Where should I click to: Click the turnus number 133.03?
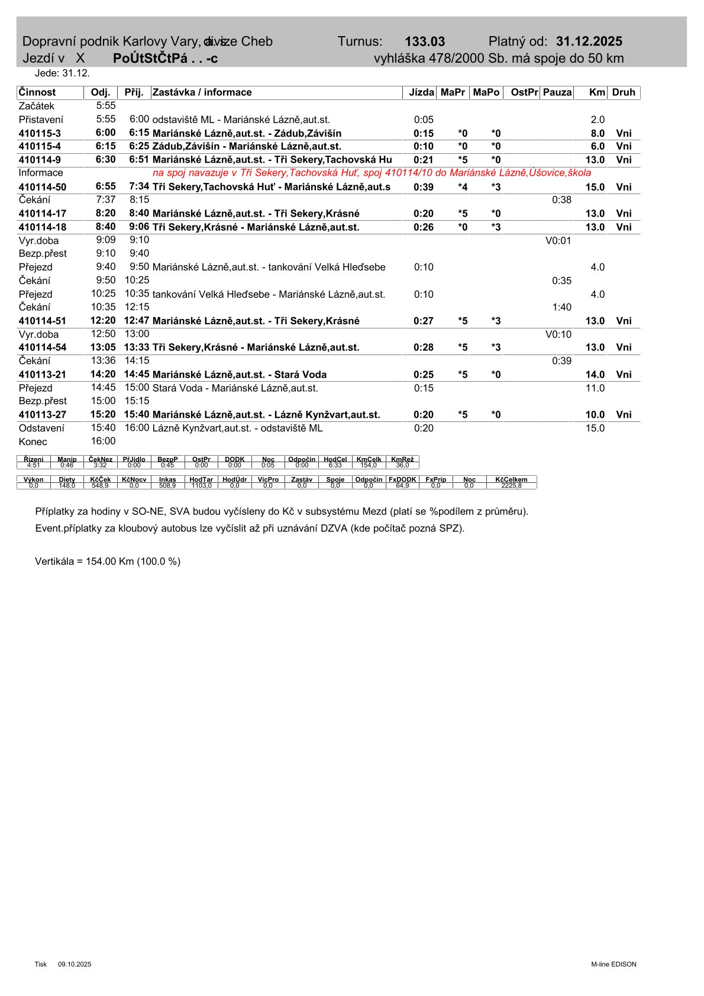[424, 41]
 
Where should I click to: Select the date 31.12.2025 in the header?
[589, 41]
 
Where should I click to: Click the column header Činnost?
[37, 92]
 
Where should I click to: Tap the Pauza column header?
[557, 92]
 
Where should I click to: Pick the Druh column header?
[624, 92]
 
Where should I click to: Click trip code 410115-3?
[40, 133]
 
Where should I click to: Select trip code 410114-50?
[42, 187]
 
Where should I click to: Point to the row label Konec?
[33, 441]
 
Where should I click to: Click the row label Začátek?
[36, 106]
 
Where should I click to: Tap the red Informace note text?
[372, 173]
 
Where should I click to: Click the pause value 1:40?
[561, 307]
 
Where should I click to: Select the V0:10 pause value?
[558, 334]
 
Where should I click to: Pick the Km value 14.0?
[595, 375]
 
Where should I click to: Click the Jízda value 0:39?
[423, 187]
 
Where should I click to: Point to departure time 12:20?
[103, 321]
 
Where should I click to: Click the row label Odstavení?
[41, 428]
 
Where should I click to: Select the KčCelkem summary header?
[511, 479]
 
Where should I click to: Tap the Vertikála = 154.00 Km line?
[108, 561]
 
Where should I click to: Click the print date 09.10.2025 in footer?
[75, 964]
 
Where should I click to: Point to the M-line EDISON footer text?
[613, 964]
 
